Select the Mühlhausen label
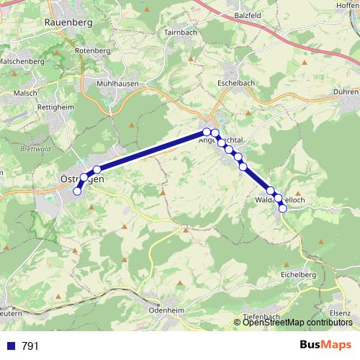tap(117, 84)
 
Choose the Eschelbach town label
tap(238, 84)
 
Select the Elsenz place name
tap(339, 313)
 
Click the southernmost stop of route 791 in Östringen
tap(77, 191)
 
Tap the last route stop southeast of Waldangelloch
tap(283, 209)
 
